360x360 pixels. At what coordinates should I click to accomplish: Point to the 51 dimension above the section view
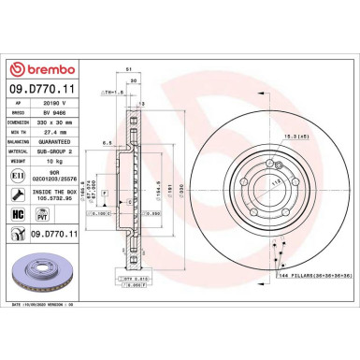pyautogui.click(x=126, y=68)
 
